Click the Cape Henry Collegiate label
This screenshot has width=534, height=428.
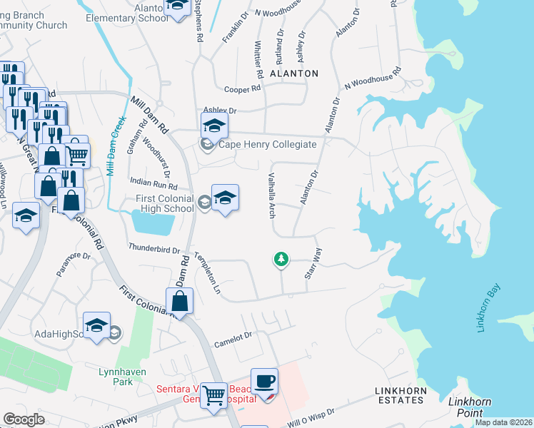[x=267, y=145]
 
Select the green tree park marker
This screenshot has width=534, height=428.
[x=281, y=260]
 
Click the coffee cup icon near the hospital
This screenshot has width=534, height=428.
[x=264, y=382]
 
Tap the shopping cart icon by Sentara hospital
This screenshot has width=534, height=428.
[x=213, y=394]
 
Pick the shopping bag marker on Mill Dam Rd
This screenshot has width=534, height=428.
[x=181, y=302]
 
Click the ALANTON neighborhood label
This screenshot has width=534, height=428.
[x=293, y=73]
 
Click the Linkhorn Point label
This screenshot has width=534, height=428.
[x=470, y=407]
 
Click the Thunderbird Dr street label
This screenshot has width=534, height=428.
[x=153, y=249]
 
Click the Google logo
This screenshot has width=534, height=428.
[x=24, y=419]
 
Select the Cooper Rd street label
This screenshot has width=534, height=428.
[x=241, y=89]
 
